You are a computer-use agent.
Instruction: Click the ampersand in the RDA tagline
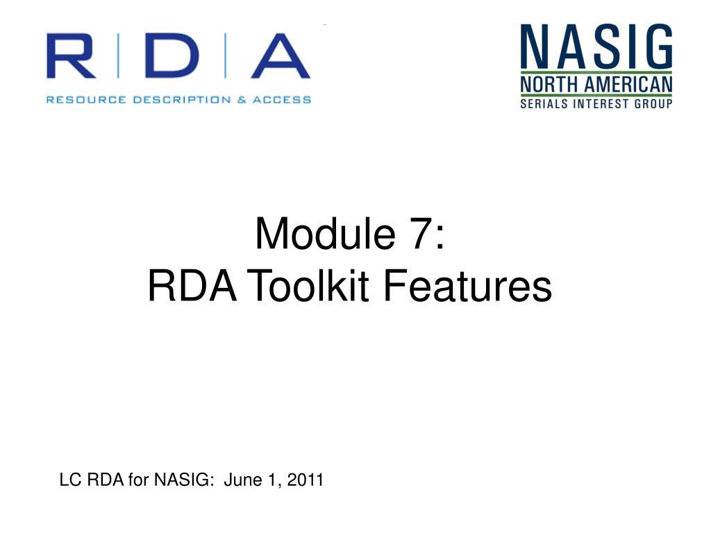[241, 99]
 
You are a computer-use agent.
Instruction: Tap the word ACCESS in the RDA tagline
[281, 99]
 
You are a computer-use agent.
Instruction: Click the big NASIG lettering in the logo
[596, 46]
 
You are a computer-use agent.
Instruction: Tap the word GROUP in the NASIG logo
[653, 104]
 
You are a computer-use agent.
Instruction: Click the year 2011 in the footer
[306, 480]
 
